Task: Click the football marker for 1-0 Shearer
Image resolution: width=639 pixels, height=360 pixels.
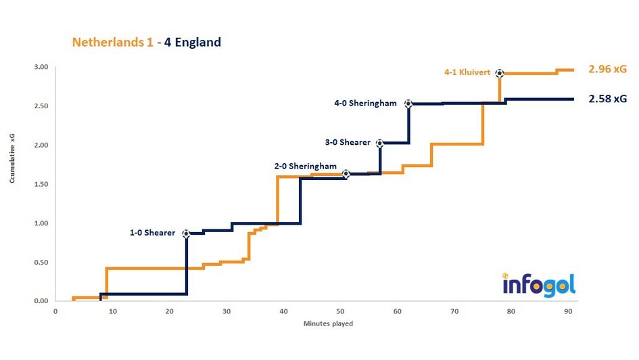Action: click(186, 233)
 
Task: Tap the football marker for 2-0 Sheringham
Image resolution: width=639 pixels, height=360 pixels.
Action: click(346, 174)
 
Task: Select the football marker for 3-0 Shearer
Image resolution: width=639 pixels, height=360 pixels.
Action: click(379, 143)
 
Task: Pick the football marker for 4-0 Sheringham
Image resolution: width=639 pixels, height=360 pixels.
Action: click(408, 104)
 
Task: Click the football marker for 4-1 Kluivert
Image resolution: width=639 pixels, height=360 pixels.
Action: click(499, 73)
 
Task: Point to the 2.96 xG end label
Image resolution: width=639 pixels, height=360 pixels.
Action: click(607, 69)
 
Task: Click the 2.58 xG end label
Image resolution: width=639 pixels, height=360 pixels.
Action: click(607, 99)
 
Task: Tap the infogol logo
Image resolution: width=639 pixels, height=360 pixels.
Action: click(539, 285)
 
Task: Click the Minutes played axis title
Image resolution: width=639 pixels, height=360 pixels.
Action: click(327, 323)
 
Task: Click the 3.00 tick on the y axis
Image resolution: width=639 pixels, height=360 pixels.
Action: click(41, 67)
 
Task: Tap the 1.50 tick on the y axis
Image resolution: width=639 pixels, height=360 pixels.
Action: click(41, 184)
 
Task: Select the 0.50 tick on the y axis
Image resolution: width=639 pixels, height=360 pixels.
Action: click(41, 262)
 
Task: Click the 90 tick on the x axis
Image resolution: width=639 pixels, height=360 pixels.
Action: click(567, 311)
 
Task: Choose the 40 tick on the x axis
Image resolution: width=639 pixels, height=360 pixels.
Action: click(283, 311)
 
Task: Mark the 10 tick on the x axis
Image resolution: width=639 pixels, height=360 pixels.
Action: click(112, 311)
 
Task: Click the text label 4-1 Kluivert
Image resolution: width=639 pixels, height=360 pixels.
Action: click(467, 73)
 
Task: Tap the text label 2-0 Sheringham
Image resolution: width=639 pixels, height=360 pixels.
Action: click(305, 166)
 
